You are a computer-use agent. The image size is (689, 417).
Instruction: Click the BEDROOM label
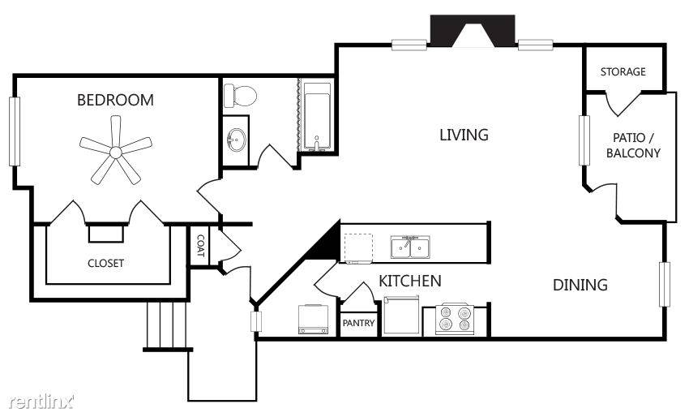(x=115, y=100)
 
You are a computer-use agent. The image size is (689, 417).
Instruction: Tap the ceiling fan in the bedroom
(x=116, y=151)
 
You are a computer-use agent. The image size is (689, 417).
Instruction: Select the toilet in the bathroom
(x=240, y=96)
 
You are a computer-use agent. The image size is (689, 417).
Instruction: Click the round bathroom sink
(x=237, y=140)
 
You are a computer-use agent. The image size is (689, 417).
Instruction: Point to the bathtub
(x=317, y=116)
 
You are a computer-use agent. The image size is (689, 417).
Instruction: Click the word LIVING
(x=464, y=135)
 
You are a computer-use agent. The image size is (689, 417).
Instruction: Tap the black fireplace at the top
(x=473, y=31)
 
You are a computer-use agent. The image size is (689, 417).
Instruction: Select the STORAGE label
(x=623, y=71)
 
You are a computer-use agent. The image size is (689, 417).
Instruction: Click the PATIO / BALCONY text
(x=633, y=145)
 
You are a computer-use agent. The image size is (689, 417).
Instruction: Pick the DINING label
(x=580, y=285)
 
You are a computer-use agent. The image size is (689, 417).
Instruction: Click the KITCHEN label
(x=410, y=281)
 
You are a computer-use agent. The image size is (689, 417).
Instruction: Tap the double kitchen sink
(x=410, y=247)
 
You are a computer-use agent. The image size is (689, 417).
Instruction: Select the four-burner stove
(x=455, y=319)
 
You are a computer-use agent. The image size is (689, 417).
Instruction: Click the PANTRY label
(x=358, y=323)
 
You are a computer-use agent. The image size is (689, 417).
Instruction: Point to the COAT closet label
(x=200, y=246)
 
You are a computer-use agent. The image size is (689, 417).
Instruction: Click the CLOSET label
(x=105, y=263)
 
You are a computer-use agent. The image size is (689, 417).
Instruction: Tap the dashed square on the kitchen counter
(x=358, y=248)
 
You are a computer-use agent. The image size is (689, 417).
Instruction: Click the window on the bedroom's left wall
(x=15, y=131)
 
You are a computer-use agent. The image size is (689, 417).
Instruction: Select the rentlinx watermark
(x=41, y=401)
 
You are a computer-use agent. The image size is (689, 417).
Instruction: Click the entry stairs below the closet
(x=166, y=325)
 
